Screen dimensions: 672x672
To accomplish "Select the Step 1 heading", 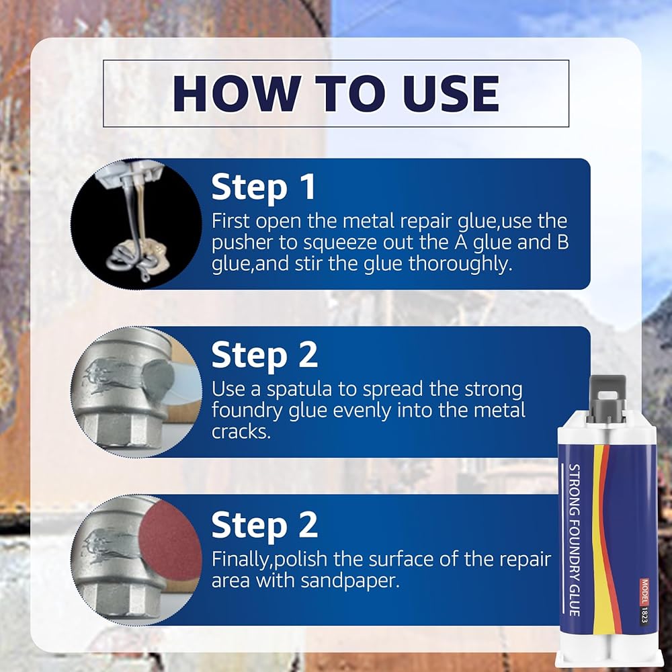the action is pos(263,187).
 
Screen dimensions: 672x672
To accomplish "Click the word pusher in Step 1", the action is pos(242,243).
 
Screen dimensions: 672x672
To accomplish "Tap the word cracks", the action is pos(241,431).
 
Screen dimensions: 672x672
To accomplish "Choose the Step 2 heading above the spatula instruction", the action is pos(264,355).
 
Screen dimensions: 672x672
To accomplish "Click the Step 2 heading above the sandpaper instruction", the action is pos(264,525).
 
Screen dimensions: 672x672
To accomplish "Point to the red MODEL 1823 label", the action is pos(644,601).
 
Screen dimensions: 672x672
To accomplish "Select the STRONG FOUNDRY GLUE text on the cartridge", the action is pos(575,540).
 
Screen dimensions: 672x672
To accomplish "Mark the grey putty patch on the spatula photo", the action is pos(158,382).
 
